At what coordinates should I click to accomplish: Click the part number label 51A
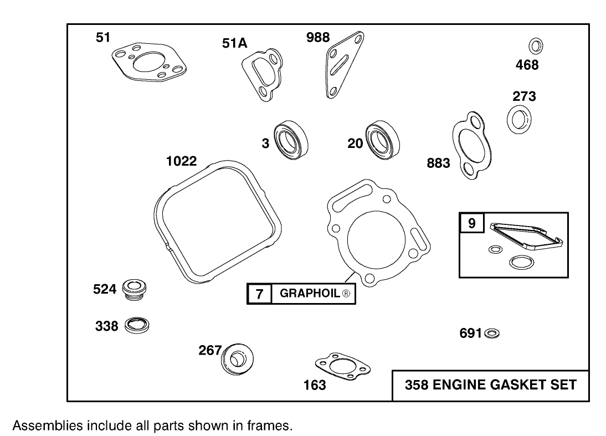[x=234, y=43]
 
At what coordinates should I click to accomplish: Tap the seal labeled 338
[x=136, y=325]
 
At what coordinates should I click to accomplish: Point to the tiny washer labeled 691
[x=491, y=334]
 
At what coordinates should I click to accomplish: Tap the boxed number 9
[x=471, y=223]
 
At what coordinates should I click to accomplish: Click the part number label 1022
[x=182, y=161]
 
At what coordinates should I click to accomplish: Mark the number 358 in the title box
[x=417, y=384]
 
